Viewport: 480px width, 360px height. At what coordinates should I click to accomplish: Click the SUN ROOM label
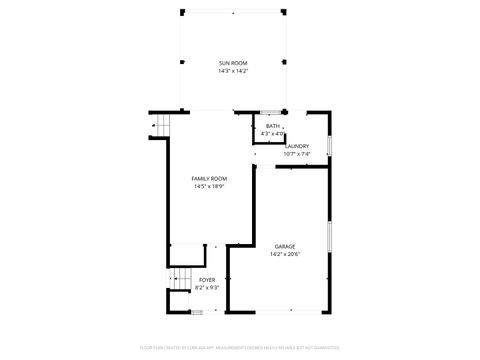pyautogui.click(x=232, y=63)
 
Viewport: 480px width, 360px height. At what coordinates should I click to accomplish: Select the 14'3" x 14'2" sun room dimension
pyautogui.click(x=232, y=71)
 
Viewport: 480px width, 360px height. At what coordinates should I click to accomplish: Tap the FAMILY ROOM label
pyautogui.click(x=208, y=178)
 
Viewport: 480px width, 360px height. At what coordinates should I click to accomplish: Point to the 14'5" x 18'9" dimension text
pyautogui.click(x=208, y=186)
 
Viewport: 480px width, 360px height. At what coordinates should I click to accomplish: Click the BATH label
pyautogui.click(x=272, y=126)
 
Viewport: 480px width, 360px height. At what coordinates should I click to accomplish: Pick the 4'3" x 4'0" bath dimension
pyautogui.click(x=272, y=133)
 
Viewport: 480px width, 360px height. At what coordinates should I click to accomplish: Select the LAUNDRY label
pyautogui.click(x=297, y=146)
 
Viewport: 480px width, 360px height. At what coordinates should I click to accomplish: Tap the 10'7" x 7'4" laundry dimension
pyautogui.click(x=297, y=154)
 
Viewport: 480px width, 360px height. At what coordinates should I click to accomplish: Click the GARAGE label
pyautogui.click(x=285, y=246)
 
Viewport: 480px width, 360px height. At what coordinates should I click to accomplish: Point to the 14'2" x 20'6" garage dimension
pyautogui.click(x=285, y=254)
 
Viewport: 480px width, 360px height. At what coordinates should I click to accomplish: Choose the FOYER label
pyautogui.click(x=206, y=280)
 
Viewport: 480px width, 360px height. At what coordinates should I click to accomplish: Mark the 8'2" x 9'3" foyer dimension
pyautogui.click(x=206, y=288)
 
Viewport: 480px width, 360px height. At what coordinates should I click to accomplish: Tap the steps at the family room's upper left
pyautogui.click(x=159, y=127)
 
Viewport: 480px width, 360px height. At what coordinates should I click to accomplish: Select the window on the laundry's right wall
pyautogui.click(x=329, y=140)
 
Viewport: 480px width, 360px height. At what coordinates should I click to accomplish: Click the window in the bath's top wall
pyautogui.click(x=270, y=111)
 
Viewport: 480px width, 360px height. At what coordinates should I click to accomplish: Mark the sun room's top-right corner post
pyautogui.click(x=284, y=12)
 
